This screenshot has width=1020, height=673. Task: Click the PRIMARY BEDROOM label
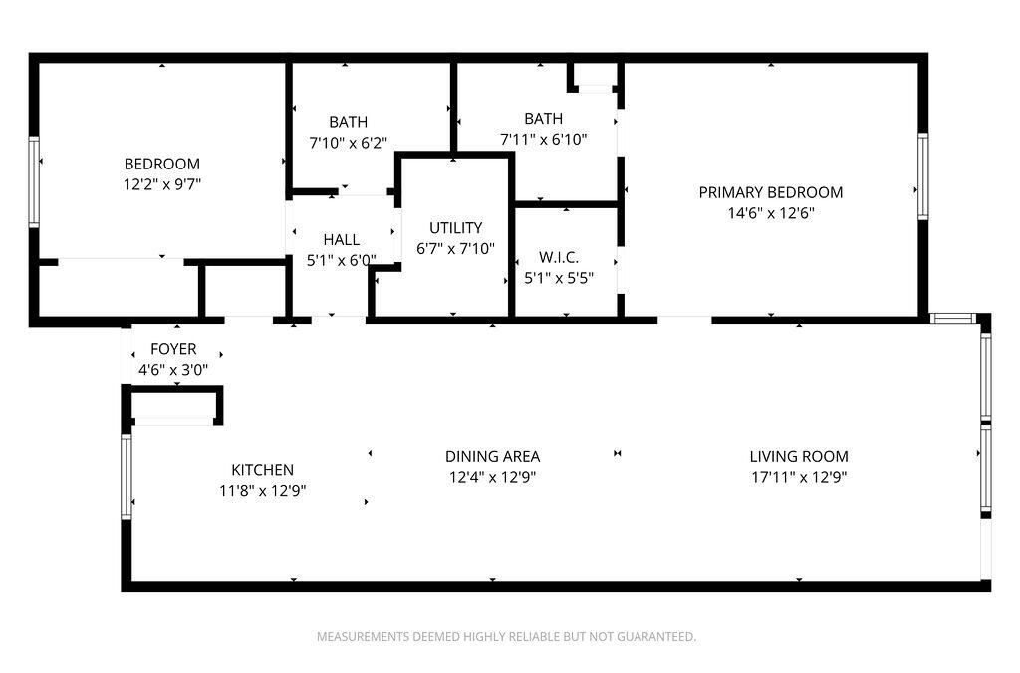pyautogui.click(x=770, y=192)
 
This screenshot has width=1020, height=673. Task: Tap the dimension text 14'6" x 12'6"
pyautogui.click(x=770, y=213)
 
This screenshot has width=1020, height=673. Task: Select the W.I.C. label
pyautogui.click(x=558, y=257)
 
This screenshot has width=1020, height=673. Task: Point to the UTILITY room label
pyautogui.click(x=455, y=227)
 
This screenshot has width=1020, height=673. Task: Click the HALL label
pyautogui.click(x=341, y=239)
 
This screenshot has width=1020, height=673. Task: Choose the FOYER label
pyautogui.click(x=173, y=349)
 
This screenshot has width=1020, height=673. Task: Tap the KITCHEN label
pyautogui.click(x=262, y=470)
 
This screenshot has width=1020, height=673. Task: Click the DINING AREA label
pyautogui.click(x=492, y=456)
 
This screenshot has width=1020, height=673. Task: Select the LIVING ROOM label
pyautogui.click(x=799, y=456)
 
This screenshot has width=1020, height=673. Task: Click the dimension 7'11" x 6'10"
pyautogui.click(x=543, y=139)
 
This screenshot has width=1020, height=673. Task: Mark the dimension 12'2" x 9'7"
pyautogui.click(x=161, y=184)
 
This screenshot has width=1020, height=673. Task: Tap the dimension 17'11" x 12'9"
pyautogui.click(x=799, y=477)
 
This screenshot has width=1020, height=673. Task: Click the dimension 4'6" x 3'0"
pyautogui.click(x=173, y=370)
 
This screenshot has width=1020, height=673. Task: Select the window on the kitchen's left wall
pyautogui.click(x=127, y=477)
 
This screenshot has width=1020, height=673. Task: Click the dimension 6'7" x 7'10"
pyautogui.click(x=455, y=248)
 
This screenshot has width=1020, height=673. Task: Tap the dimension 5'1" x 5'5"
pyautogui.click(x=558, y=278)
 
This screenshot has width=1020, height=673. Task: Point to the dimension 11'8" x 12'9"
pyautogui.click(x=262, y=491)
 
